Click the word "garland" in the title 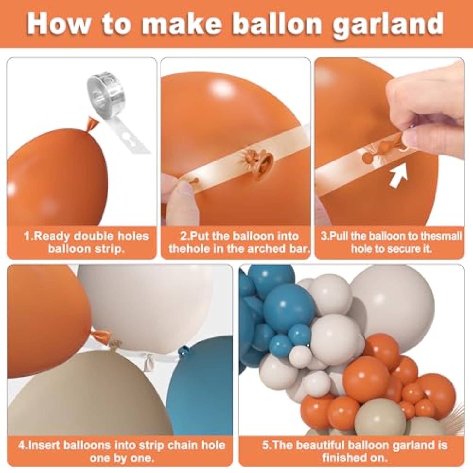point(388,25)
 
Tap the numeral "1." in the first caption point(29,236)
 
